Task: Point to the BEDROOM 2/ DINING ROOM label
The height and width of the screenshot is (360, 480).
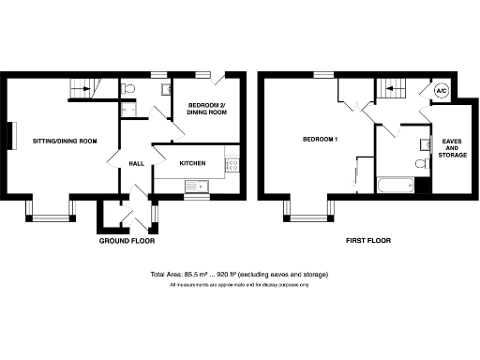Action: (206, 109)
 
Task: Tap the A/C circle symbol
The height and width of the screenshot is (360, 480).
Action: (442, 90)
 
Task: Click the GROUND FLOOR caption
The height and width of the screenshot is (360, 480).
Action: (127, 240)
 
